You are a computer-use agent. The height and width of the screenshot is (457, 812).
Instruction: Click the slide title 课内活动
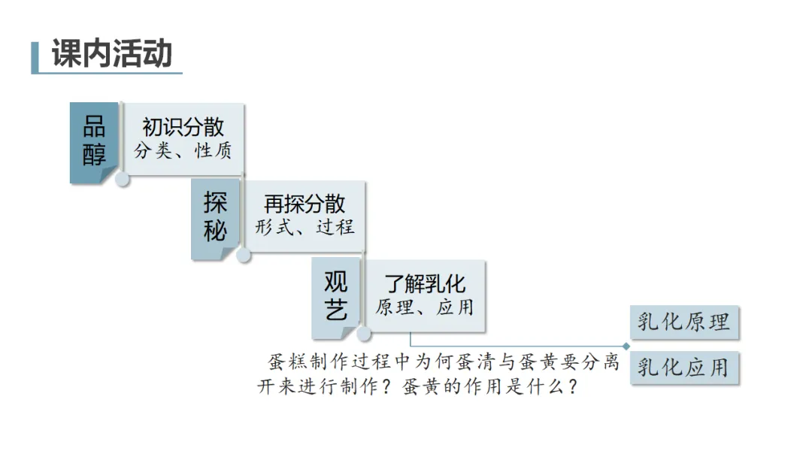pyautogui.click(x=112, y=55)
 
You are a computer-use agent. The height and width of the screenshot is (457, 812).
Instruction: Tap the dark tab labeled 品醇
pyautogui.click(x=94, y=141)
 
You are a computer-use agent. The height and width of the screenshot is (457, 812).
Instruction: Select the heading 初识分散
pyautogui.click(x=183, y=128)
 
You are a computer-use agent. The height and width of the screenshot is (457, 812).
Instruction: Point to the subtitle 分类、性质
pyautogui.click(x=183, y=151)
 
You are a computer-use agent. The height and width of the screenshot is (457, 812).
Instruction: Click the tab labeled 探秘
pyautogui.click(x=215, y=217)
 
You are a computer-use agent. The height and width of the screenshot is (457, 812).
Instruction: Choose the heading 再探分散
pyautogui.click(x=304, y=204)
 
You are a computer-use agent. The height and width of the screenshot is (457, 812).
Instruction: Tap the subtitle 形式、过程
pyautogui.click(x=304, y=227)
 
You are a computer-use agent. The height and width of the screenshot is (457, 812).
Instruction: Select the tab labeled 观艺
pyautogui.click(x=336, y=295)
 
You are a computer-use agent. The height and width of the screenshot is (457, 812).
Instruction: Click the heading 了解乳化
pyautogui.click(x=425, y=283)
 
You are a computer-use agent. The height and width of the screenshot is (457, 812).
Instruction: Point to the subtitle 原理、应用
pyautogui.click(x=425, y=307)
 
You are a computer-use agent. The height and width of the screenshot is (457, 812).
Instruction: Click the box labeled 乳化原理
pyautogui.click(x=683, y=322)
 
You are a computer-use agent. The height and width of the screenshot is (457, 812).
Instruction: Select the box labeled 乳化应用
pyautogui.click(x=683, y=368)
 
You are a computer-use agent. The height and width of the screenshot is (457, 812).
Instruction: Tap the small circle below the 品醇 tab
pyautogui.click(x=123, y=179)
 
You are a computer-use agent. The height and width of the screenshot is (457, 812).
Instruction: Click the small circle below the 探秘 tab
pyautogui.click(x=244, y=256)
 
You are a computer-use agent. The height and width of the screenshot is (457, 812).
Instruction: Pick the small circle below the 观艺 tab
pyautogui.click(x=364, y=334)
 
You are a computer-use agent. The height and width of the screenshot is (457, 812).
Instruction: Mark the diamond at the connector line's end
pyautogui.click(x=626, y=346)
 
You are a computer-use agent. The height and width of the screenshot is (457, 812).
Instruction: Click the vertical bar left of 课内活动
pyautogui.click(x=35, y=57)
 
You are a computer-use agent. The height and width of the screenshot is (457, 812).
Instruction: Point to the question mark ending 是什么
pyautogui.click(x=572, y=388)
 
